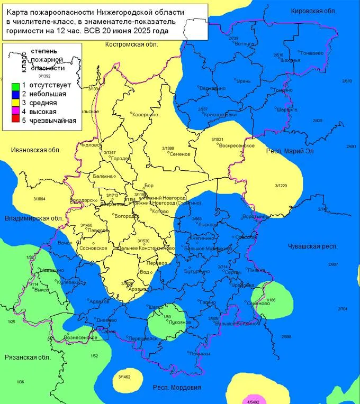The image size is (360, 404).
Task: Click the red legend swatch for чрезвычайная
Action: pos(15,121)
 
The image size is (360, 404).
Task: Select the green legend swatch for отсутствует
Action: pos(15,85)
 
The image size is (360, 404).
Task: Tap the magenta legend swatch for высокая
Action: pos(15,112)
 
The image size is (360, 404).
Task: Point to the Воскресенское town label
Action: pos(237,145)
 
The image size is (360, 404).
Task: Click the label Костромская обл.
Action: pos(132,44)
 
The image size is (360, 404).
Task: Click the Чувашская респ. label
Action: pos(313,246)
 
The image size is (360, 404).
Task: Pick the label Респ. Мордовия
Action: pos(177,387)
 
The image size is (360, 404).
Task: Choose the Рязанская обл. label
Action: pos(27,357)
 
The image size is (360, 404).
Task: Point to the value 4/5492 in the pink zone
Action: pos(255,401)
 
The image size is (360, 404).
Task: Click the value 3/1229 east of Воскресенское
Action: pos(281,186)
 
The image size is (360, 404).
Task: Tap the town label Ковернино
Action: pos(146,114)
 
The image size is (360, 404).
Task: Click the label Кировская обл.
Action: pos(314,11)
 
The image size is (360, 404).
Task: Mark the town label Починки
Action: pos(199,353)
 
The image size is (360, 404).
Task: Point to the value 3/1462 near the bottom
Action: pos(125,377)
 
